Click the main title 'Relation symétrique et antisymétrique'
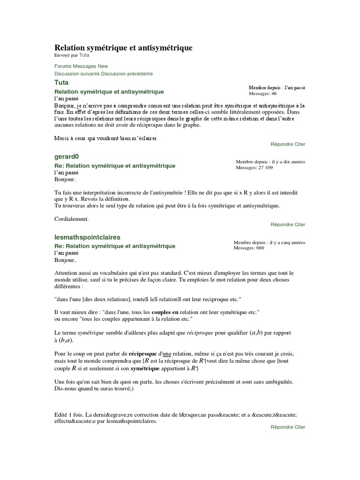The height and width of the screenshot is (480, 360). click(124, 48)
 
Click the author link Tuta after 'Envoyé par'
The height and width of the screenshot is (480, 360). click(84, 55)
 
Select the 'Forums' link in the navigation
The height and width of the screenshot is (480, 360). click(64, 67)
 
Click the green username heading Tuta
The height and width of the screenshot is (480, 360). click(61, 82)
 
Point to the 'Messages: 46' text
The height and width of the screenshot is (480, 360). click(262, 93)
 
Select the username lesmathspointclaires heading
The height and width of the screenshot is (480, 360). click(88, 237)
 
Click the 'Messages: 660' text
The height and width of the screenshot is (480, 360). click(249, 248)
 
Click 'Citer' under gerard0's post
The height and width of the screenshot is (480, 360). click(300, 225)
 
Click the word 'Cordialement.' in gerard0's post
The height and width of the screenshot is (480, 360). click(71, 218)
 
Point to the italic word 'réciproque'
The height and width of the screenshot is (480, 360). click(200, 332)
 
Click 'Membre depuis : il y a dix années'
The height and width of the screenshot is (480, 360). click(270, 162)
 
